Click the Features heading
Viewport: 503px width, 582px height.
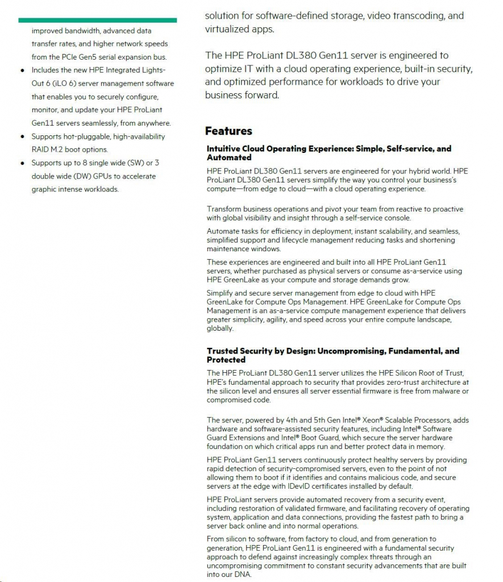(228, 131)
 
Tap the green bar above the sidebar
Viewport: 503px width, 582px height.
(97, 20)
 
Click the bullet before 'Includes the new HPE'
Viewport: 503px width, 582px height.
(22, 70)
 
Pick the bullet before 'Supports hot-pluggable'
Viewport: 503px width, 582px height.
(22, 137)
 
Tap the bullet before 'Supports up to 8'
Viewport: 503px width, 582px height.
(22, 164)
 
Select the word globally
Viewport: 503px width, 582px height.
(220, 329)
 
